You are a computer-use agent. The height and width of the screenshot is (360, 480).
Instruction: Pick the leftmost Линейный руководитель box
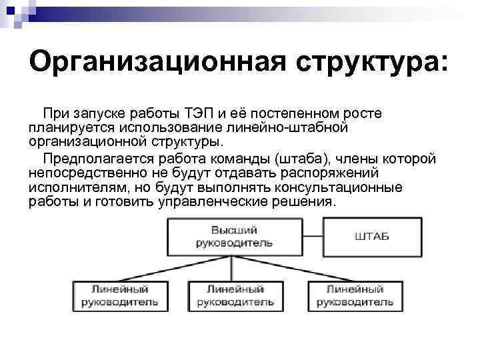pyautogui.click(x=120, y=296)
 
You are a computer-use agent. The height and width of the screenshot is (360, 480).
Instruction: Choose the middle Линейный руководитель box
pyautogui.click(x=235, y=296)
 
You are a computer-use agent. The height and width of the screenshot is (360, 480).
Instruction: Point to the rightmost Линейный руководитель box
pyautogui.click(x=355, y=296)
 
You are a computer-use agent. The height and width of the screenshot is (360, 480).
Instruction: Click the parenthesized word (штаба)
pyautogui.click(x=303, y=159)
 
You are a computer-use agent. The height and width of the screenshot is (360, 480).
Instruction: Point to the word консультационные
pyautogui.click(x=347, y=187)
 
